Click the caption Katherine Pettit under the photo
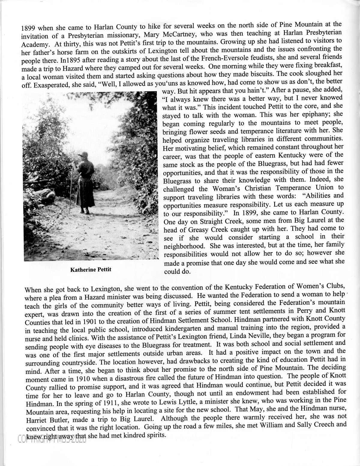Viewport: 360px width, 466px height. point(91,269)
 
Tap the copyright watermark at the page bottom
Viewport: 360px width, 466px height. point(52,439)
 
